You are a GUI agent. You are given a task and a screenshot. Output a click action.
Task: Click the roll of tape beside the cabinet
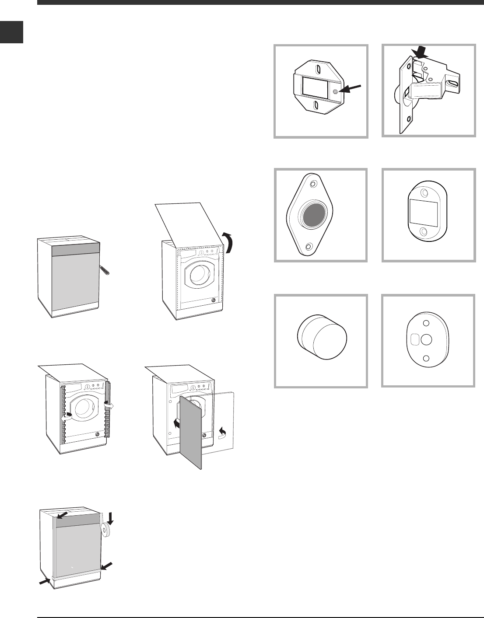pos(106,530)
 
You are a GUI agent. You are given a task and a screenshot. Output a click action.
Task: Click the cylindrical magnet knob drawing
pos(322,339)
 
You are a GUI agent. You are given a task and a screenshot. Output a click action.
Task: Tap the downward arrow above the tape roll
pos(110,517)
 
